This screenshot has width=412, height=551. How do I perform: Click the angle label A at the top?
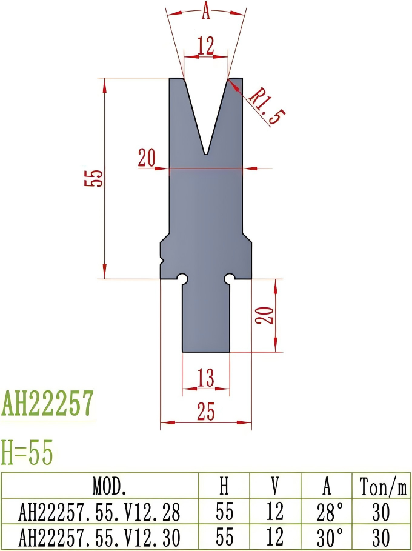coord(206,10)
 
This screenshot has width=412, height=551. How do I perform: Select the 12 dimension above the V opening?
coord(206,46)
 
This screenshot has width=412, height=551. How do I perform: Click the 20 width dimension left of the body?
coord(147,158)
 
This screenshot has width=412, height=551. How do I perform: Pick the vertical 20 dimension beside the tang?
coord(267,315)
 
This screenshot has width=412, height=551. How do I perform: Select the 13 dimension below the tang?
coord(206,378)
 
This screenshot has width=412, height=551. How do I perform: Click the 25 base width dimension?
coord(206,412)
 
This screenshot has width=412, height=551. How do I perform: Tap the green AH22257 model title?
coord(48,404)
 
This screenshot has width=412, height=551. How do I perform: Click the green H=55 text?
coord(27,453)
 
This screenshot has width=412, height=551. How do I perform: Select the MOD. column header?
coord(101,486)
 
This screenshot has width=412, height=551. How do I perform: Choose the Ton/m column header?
coord(382,486)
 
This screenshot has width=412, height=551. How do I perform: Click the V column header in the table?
coord(274,486)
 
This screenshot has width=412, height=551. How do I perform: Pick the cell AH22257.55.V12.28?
coord(101,512)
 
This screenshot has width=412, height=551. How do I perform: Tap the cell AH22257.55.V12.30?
coord(101,538)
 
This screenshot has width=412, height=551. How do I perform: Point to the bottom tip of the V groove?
coord(207,153)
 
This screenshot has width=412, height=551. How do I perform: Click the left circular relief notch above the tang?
coord(182,278)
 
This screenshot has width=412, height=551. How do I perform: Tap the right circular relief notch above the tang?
coord(230,278)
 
